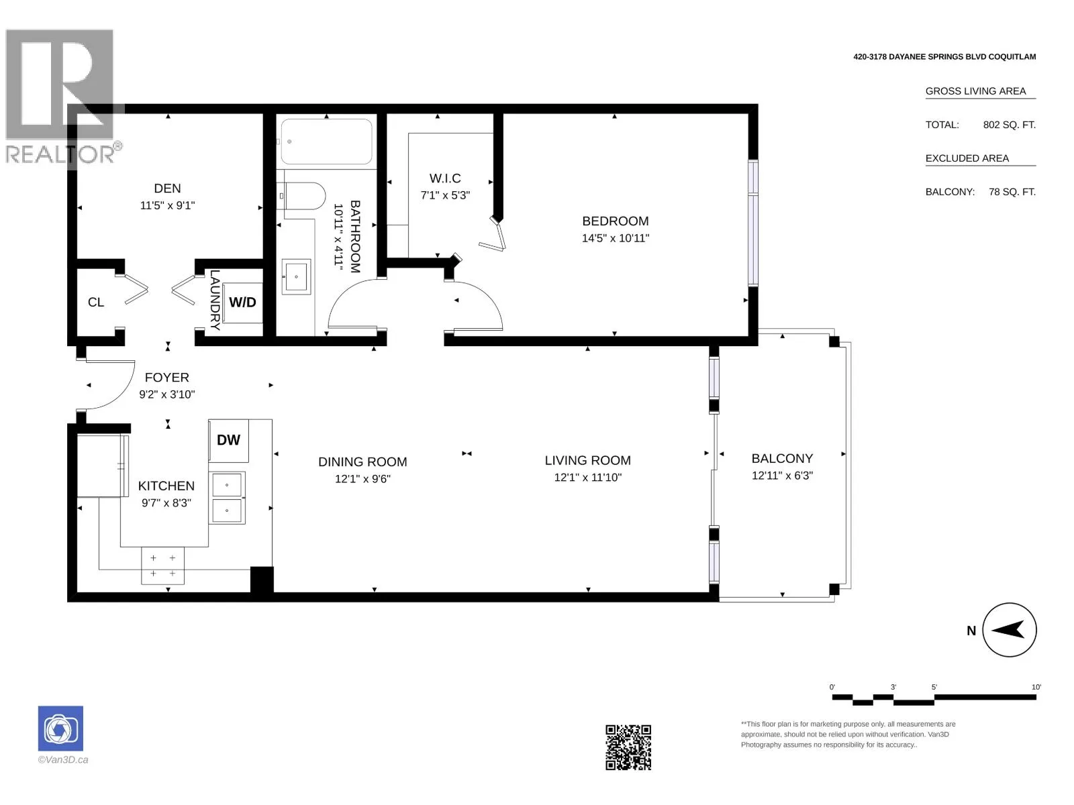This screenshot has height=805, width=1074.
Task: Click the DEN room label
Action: click(x=167, y=189)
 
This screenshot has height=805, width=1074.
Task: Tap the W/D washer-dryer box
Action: click(x=242, y=303)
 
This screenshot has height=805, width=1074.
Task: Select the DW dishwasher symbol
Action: click(x=228, y=440)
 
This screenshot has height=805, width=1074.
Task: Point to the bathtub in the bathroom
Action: click(x=326, y=142)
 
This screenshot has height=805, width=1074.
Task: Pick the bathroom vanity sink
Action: click(x=296, y=276)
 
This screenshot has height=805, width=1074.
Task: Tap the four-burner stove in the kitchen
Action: click(x=163, y=566)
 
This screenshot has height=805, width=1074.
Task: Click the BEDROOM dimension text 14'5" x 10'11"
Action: click(x=615, y=239)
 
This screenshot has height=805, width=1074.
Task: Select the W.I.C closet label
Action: click(x=445, y=178)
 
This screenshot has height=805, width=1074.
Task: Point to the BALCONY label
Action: click(x=782, y=458)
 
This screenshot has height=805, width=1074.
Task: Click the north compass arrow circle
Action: click(x=1009, y=629)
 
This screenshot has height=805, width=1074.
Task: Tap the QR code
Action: click(x=628, y=747)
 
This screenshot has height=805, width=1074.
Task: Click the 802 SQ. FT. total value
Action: click(x=1009, y=125)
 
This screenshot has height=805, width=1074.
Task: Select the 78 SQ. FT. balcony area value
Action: click(x=1012, y=192)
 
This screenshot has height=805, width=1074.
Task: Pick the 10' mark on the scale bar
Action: click(x=1036, y=687)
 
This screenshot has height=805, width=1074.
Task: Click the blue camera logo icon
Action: click(x=60, y=729)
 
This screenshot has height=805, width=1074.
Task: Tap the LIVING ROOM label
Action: click(x=587, y=460)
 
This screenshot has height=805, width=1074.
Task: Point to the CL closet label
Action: click(x=96, y=303)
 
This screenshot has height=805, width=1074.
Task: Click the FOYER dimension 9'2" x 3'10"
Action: click(x=167, y=394)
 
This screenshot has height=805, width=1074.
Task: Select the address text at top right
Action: click(x=944, y=57)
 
